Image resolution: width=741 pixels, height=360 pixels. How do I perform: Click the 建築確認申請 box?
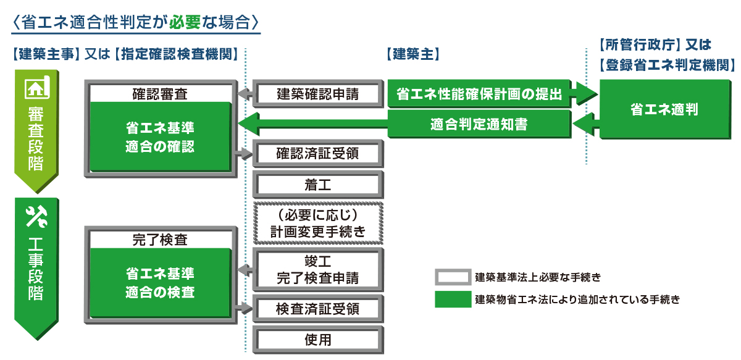[317, 94]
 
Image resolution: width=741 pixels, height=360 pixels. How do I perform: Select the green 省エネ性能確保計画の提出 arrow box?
[479, 94]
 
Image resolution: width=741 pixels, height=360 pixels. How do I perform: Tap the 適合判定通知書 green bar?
[479, 124]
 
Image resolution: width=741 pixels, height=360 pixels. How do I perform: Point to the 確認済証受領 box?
[317, 153]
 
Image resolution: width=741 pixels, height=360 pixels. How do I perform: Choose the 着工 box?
[317, 184]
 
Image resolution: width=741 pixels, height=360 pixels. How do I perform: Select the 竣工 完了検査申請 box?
[317, 269]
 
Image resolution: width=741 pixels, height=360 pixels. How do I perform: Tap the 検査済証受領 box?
[317, 308]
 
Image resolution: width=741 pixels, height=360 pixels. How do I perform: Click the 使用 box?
[317, 340]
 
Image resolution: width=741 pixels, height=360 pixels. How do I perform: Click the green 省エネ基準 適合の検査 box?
[160, 282]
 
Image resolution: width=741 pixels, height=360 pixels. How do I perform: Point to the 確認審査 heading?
[160, 94]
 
